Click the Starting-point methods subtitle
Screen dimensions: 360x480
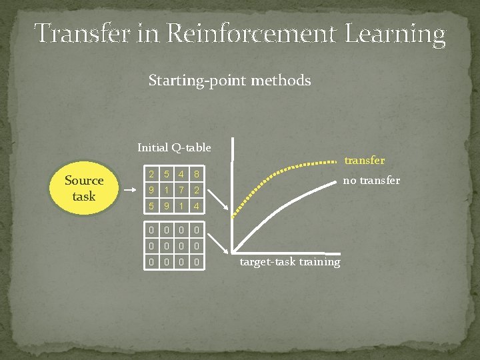(229, 81)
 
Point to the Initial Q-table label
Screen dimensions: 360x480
(174, 147)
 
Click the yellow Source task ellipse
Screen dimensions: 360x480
(84, 189)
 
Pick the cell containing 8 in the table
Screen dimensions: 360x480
(195, 175)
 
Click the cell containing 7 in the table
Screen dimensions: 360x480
(181, 190)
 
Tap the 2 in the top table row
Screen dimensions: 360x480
(152, 175)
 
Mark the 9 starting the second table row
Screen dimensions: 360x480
(152, 190)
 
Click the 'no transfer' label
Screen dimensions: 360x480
(371, 180)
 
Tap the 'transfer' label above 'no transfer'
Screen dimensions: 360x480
(364, 161)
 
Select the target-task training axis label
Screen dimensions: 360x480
(289, 261)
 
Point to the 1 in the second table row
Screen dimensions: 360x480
(167, 190)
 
